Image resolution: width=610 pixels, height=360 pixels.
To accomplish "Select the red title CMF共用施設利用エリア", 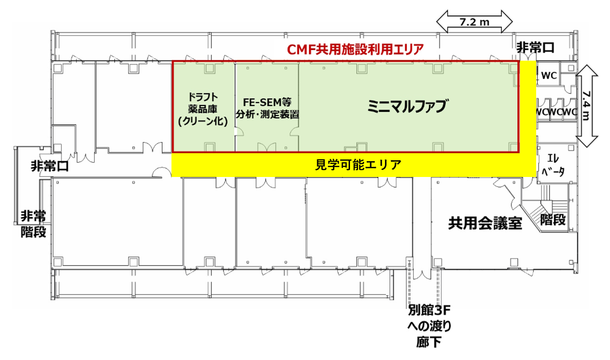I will coord(355,50).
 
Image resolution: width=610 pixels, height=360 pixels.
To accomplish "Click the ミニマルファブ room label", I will coord(408,106).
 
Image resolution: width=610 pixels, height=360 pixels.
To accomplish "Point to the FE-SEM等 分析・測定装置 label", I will coord(268,107).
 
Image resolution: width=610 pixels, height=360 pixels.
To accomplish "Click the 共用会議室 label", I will coord(485,223).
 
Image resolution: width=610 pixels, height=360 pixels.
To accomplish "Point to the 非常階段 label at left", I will coord(33,224).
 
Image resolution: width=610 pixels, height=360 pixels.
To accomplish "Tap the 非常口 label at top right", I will coord(535,48).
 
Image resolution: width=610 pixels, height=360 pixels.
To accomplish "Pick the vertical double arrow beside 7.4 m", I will coord(588,106).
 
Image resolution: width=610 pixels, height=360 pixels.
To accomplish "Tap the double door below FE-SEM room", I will coord(267,147).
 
